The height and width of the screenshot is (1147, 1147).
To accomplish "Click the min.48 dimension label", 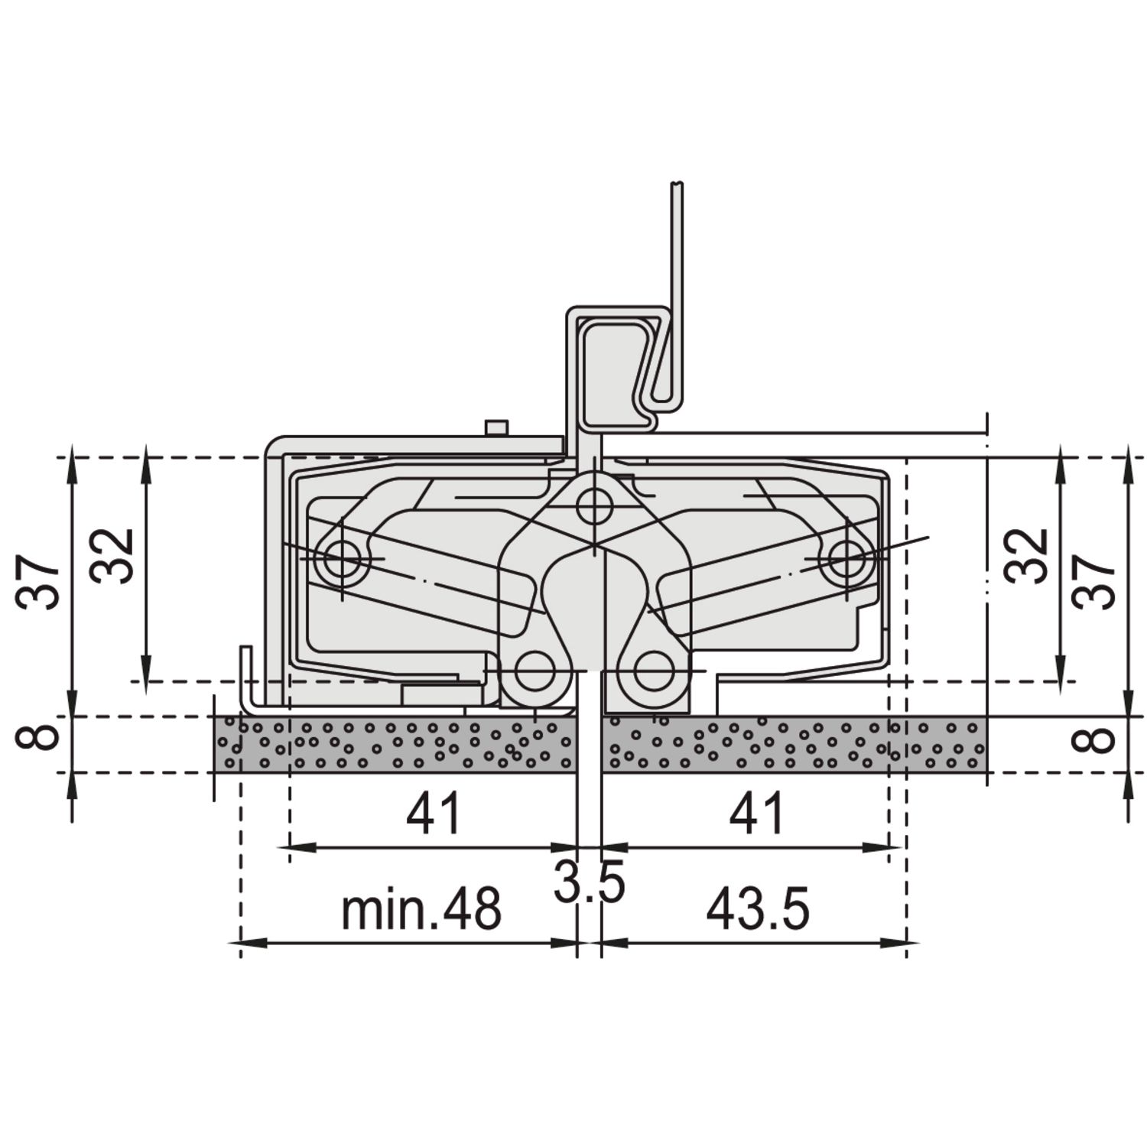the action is (421, 909).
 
